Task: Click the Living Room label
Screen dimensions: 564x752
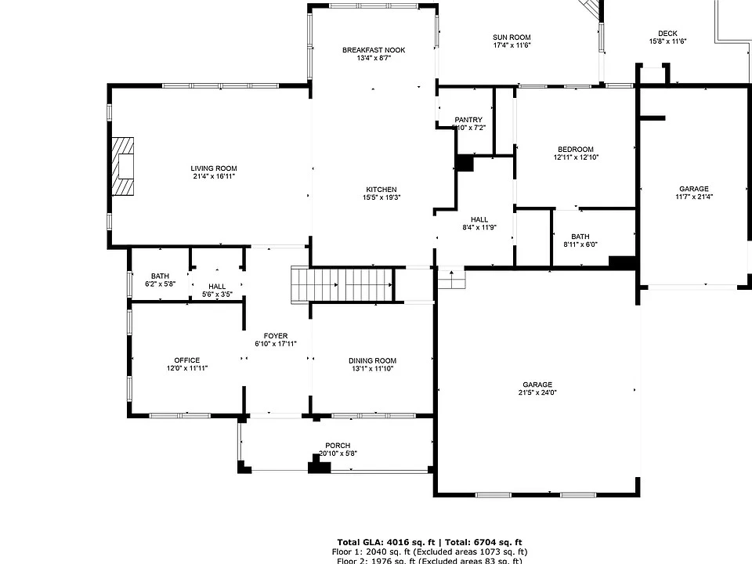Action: pyautogui.click(x=213, y=168)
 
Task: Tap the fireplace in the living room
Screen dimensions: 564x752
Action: pyautogui.click(x=122, y=166)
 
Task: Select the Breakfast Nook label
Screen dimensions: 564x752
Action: pyautogui.click(x=374, y=50)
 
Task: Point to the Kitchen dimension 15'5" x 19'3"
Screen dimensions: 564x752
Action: pyautogui.click(x=381, y=198)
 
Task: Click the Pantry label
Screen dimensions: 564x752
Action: pyautogui.click(x=468, y=120)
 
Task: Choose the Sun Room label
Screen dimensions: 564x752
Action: pyautogui.click(x=512, y=37)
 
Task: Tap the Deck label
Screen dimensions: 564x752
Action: pyautogui.click(x=667, y=33)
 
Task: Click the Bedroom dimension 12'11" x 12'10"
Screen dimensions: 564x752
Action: pyautogui.click(x=575, y=157)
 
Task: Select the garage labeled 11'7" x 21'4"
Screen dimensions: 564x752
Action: pyautogui.click(x=694, y=193)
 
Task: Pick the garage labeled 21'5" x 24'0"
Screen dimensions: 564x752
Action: pyautogui.click(x=537, y=389)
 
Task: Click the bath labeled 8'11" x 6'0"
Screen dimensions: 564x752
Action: pyautogui.click(x=580, y=240)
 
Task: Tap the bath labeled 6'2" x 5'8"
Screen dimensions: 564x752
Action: pyautogui.click(x=160, y=280)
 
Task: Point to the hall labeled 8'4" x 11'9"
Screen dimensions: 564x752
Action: pyautogui.click(x=479, y=223)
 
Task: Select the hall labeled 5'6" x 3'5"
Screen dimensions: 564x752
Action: pyautogui.click(x=217, y=290)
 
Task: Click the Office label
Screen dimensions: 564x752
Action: pyautogui.click(x=186, y=364)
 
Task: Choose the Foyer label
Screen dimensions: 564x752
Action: pyautogui.click(x=275, y=339)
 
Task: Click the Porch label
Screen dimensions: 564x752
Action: pyautogui.click(x=338, y=449)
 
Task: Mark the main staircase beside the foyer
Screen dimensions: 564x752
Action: pyautogui.click(x=341, y=284)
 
